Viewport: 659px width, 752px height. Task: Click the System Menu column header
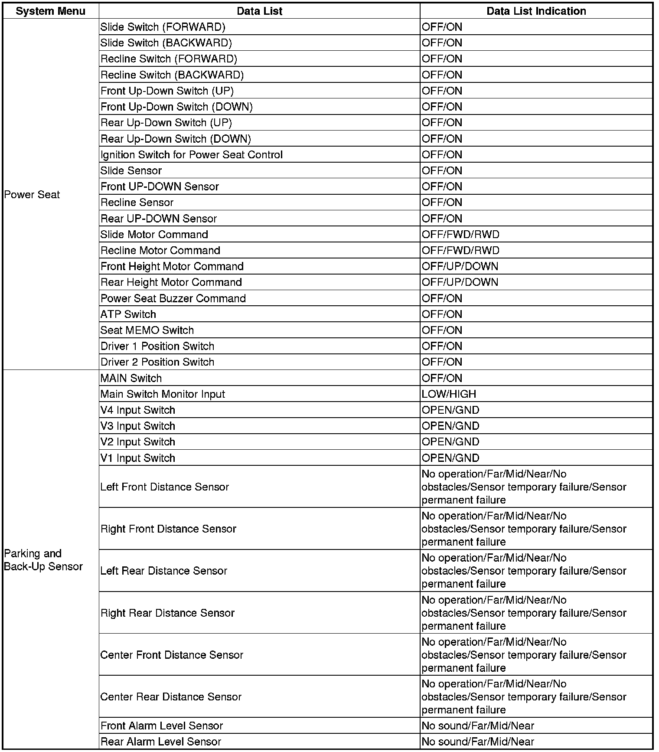click(50, 11)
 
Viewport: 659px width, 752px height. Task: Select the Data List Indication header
click(536, 11)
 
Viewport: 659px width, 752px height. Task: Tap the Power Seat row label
click(32, 195)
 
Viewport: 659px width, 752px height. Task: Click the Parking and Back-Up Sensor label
click(43, 560)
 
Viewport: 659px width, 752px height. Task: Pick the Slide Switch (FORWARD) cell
click(163, 27)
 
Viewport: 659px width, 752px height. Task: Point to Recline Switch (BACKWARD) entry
click(172, 75)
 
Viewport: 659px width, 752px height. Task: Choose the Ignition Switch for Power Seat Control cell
click(192, 155)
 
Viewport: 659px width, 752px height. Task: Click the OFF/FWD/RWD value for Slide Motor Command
click(460, 235)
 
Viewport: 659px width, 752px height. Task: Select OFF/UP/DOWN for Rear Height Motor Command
click(460, 282)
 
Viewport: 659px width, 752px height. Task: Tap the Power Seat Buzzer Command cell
click(173, 298)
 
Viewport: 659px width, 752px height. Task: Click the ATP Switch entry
click(128, 314)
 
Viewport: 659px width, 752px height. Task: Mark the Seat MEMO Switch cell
click(147, 330)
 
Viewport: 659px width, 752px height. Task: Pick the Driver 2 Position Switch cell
click(157, 362)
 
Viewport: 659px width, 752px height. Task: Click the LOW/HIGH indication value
click(449, 394)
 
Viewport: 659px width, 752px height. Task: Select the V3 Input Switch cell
click(138, 426)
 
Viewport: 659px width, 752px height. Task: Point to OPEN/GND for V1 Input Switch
click(450, 458)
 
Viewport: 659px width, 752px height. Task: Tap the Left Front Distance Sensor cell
click(164, 487)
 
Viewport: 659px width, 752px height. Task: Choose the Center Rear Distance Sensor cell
click(171, 697)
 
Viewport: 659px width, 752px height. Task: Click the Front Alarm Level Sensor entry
click(162, 726)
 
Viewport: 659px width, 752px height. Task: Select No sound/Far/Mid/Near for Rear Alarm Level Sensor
click(478, 742)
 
